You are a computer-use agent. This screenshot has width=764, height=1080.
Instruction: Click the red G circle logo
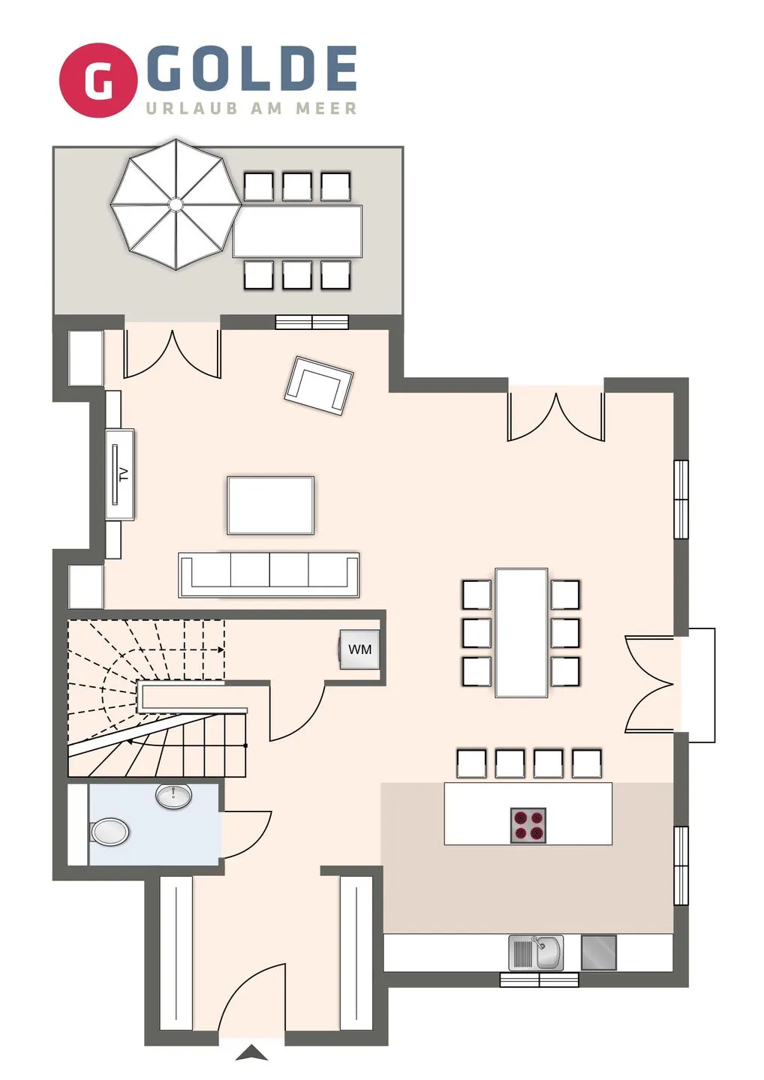(98, 80)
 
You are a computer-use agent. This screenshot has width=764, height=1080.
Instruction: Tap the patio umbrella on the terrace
(175, 203)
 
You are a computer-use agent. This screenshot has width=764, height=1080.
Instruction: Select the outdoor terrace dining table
(297, 231)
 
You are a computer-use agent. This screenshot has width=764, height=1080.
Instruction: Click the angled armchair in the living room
(319, 385)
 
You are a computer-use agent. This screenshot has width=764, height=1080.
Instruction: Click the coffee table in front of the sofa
(270, 505)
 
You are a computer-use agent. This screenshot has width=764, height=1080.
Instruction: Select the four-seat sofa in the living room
(269, 574)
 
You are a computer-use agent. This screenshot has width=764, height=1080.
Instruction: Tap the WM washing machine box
(359, 649)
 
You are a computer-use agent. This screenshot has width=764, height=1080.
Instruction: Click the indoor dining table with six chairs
(521, 632)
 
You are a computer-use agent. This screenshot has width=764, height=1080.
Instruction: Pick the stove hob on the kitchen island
(528, 825)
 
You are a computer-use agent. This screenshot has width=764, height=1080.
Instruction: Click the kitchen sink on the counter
(536, 953)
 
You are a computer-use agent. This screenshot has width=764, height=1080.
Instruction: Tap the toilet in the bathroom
(110, 831)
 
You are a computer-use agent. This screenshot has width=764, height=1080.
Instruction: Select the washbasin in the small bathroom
(173, 796)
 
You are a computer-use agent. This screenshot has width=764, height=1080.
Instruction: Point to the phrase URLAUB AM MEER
(251, 109)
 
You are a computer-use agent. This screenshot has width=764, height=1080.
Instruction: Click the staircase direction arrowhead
(131, 742)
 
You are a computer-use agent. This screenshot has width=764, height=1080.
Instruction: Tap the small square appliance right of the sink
(598, 952)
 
